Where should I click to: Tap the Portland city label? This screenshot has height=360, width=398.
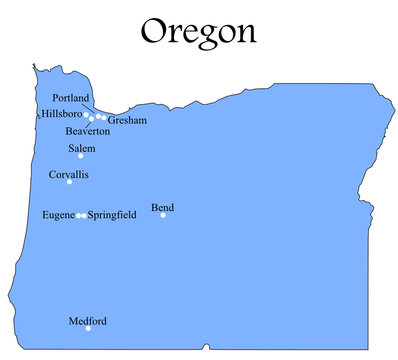pyautogui.click(x=71, y=98)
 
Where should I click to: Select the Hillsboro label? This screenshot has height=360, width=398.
pyautogui.click(x=62, y=114)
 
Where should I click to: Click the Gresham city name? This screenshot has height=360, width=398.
pyautogui.click(x=127, y=121)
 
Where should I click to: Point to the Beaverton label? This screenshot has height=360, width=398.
pyautogui.click(x=87, y=132)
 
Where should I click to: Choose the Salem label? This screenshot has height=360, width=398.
pyautogui.click(x=82, y=148)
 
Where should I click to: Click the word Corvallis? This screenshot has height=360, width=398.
pyautogui.click(x=68, y=174)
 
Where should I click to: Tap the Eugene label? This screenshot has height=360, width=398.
pyautogui.click(x=58, y=215)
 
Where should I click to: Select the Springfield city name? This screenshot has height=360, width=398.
pyautogui.click(x=112, y=215)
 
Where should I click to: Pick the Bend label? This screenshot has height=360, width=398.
pyautogui.click(x=162, y=207)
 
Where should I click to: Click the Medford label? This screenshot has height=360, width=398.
pyautogui.click(x=87, y=321)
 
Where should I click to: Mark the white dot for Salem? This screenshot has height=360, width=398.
pyautogui.click(x=81, y=156)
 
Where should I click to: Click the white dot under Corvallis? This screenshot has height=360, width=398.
pyautogui.click(x=69, y=182)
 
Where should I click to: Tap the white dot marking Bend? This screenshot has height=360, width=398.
pyautogui.click(x=163, y=215)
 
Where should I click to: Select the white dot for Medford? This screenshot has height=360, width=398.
pyautogui.click(x=88, y=329)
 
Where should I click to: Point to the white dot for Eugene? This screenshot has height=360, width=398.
pyautogui.click(x=79, y=215)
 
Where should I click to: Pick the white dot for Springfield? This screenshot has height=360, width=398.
pyautogui.click(x=84, y=215)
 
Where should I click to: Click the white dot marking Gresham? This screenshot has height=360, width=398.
pyautogui.click(x=103, y=118)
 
